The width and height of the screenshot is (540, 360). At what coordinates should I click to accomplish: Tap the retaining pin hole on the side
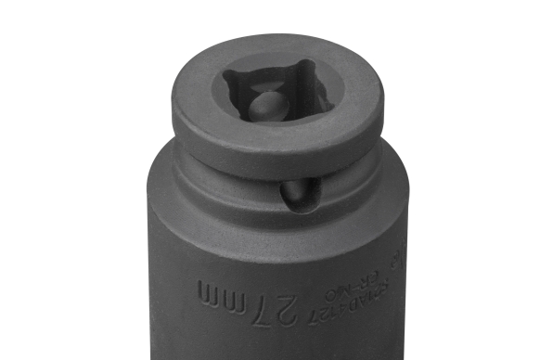(x=299, y=195)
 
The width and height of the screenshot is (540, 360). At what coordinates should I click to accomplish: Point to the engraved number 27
(x=291, y=304)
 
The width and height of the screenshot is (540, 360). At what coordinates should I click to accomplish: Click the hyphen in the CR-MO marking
(x=369, y=277)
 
